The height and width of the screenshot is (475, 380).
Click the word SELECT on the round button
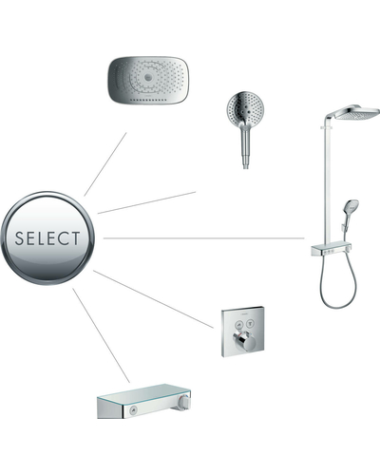(47, 238)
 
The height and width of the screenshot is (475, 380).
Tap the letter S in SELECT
(19, 238)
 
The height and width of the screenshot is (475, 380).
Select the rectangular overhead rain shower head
(148, 80)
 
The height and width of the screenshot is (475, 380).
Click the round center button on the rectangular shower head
(148, 77)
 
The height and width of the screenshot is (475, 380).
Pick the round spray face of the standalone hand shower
(245, 109)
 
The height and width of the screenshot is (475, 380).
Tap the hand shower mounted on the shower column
(350, 212)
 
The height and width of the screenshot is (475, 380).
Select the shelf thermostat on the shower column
(331, 250)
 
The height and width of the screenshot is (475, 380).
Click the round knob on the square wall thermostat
(242, 341)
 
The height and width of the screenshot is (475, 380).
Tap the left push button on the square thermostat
(238, 324)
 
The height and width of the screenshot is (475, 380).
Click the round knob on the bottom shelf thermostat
(184, 403)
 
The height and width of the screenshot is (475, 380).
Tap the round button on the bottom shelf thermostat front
(132, 411)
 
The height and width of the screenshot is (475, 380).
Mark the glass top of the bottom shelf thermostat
(144, 392)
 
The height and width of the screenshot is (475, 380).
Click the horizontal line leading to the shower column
(203, 237)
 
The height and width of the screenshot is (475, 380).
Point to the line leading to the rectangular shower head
(105, 164)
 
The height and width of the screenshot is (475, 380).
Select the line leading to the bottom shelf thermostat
(101, 335)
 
